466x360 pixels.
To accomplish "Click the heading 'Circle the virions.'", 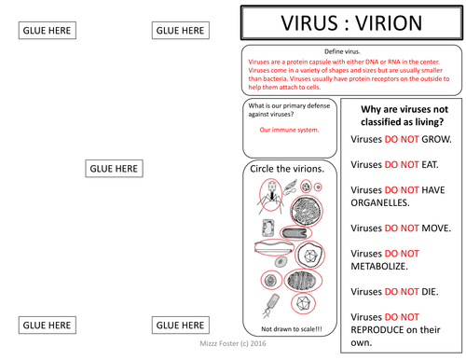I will click(288, 169).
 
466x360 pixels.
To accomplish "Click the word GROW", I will click(432, 139).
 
